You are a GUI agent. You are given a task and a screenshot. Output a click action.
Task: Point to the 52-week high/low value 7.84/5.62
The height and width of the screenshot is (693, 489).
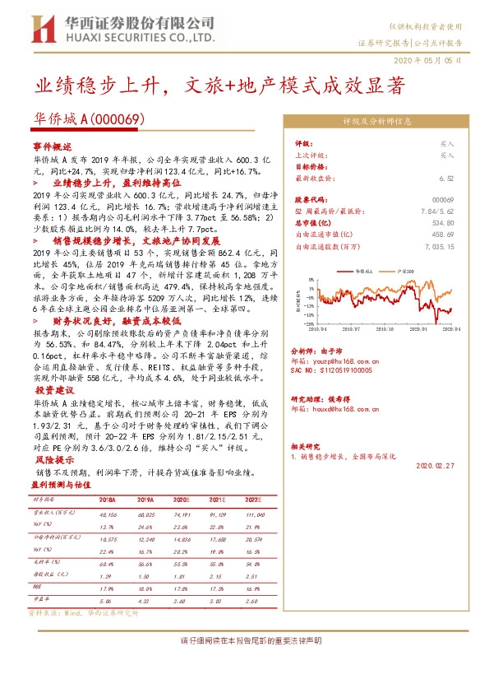pyautogui.click(x=438, y=211)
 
